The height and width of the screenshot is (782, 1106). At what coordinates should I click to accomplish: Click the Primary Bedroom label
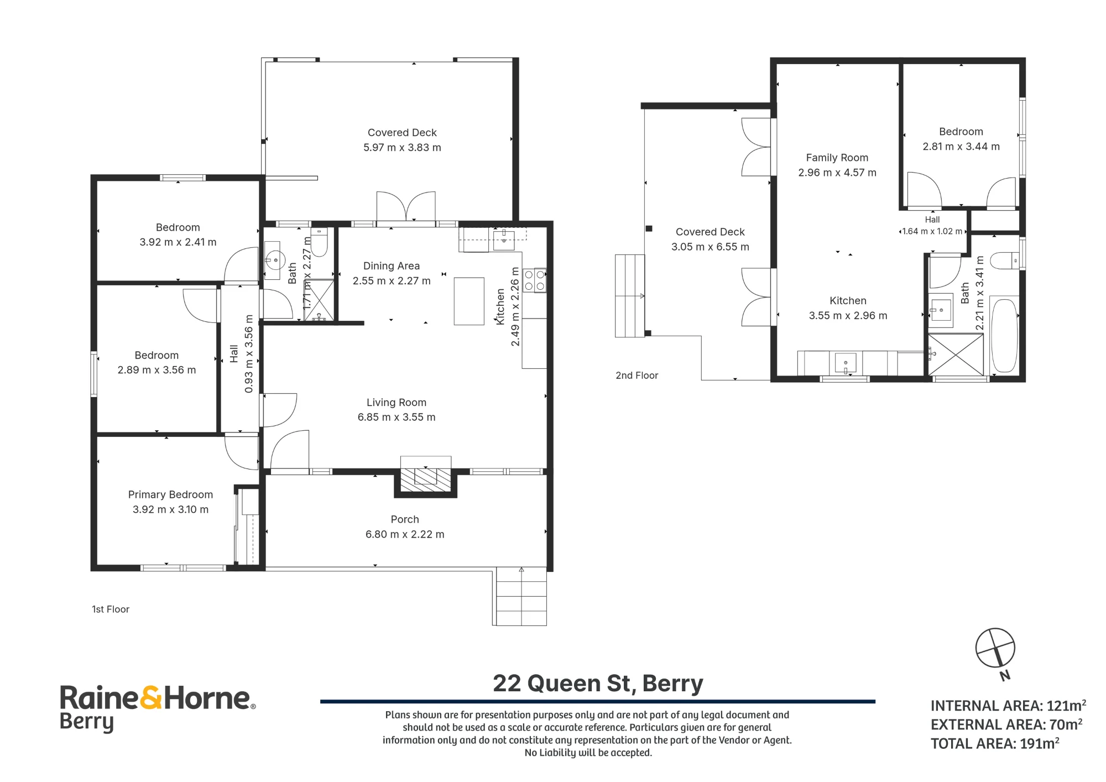click(x=170, y=494)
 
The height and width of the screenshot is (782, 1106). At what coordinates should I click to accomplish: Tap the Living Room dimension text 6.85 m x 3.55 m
click(x=397, y=417)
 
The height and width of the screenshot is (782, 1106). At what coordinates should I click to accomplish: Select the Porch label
click(x=405, y=519)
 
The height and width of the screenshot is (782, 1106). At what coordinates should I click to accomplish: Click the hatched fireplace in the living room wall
click(x=425, y=476)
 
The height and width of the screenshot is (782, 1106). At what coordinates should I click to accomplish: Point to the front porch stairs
click(x=520, y=596)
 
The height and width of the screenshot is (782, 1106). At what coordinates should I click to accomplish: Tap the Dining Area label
click(x=392, y=266)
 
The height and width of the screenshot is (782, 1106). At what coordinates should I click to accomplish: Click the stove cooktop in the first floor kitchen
click(x=534, y=280)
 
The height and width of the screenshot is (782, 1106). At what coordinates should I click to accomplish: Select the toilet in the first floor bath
click(x=320, y=241)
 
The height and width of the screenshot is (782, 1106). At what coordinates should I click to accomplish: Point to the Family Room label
click(x=837, y=158)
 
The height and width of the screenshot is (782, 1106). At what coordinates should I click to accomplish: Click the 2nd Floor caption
click(x=637, y=376)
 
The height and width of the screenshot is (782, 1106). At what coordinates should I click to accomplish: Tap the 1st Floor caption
click(x=111, y=609)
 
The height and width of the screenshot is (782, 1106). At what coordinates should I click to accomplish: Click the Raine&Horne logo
click(x=158, y=708)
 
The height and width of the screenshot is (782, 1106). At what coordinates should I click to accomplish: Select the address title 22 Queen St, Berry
click(x=598, y=684)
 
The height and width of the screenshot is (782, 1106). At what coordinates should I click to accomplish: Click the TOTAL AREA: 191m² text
click(x=995, y=743)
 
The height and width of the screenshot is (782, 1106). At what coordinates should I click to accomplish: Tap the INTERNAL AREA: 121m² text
click(x=1008, y=706)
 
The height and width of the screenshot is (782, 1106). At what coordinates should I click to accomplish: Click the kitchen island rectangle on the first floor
click(x=469, y=301)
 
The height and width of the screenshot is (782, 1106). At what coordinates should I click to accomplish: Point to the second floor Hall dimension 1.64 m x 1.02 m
click(x=932, y=231)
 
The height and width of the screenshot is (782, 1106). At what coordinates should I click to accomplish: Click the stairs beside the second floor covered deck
click(x=630, y=296)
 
